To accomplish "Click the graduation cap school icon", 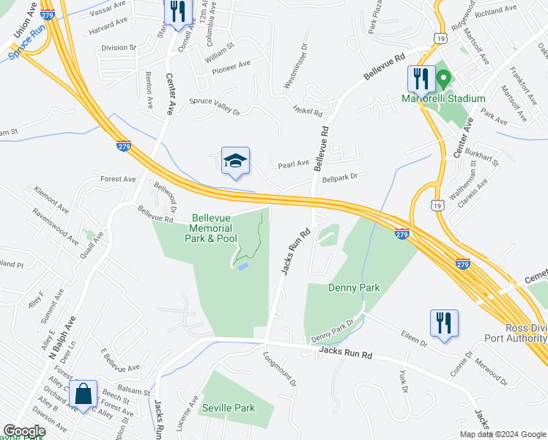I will click(x=236, y=161).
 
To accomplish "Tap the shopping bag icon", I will click(x=84, y=394).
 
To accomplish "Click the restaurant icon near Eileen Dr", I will click(x=444, y=323).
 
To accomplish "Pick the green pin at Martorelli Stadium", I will click(x=443, y=78).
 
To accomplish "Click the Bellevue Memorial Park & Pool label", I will click(x=215, y=228).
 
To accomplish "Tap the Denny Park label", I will click(x=354, y=287).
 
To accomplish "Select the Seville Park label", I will click(x=229, y=408).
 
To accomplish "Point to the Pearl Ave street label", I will click(x=293, y=164).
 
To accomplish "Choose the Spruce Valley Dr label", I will click(x=215, y=106).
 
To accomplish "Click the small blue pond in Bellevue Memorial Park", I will click(x=242, y=265).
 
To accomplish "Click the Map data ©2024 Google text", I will click(x=502, y=434).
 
